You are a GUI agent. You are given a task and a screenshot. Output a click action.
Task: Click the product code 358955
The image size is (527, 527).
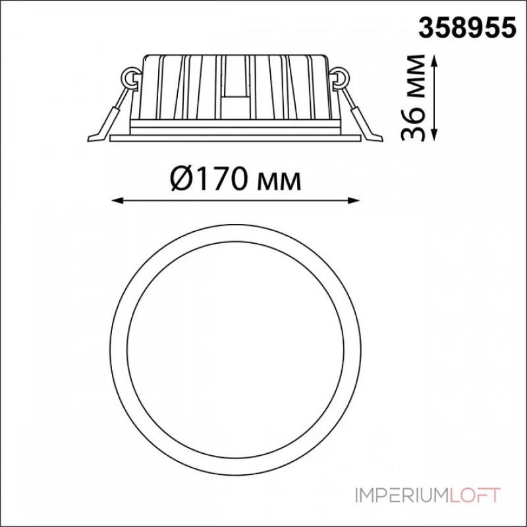[467, 28]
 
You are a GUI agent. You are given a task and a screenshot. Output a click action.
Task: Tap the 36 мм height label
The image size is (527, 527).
[413, 97]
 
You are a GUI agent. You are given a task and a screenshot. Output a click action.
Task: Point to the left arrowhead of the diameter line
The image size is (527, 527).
[117, 201]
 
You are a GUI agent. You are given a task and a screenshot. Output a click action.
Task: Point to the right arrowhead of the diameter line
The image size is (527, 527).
[354, 201]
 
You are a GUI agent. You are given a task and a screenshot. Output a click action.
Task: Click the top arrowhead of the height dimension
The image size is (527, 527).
[435, 61]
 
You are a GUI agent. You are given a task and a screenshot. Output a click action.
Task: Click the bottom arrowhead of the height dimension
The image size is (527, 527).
[435, 134]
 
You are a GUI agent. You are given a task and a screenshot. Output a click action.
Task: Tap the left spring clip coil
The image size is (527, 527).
[130, 78]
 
